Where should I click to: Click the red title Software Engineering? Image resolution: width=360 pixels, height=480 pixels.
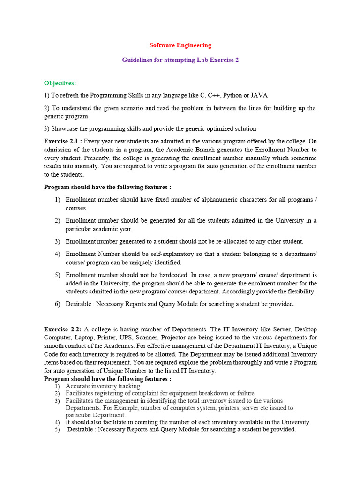[180, 45]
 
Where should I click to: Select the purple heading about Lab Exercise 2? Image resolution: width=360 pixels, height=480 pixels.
[180, 60]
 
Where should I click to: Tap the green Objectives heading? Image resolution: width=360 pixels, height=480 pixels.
[60, 83]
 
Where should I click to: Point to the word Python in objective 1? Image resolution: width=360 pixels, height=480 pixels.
[232, 95]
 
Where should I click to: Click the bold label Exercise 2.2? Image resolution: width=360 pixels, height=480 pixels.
[62, 329]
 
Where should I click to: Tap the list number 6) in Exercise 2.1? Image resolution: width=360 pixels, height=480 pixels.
[57, 304]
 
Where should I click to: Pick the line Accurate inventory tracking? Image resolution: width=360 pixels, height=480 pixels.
[103, 386]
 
